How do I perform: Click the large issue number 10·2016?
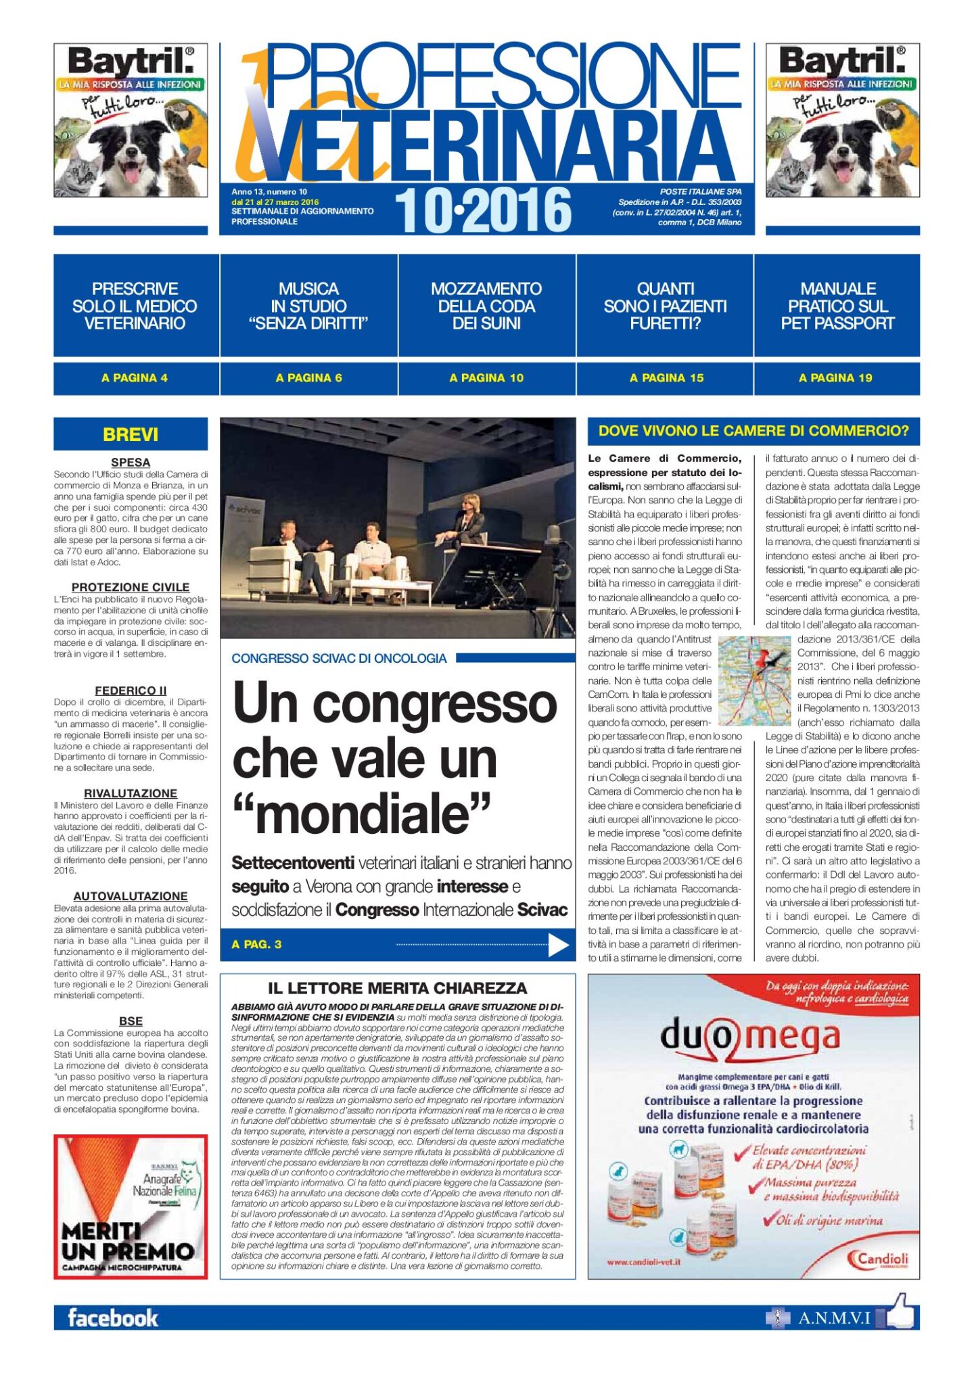483,210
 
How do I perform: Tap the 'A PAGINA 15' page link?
666,378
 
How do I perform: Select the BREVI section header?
131,434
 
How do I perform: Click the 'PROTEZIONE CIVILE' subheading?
131,587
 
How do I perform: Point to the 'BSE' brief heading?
131,1021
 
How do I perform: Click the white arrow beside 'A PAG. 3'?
558,945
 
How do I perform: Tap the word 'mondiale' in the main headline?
362,814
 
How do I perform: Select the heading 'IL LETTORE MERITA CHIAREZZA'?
397,988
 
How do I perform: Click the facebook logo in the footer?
113,1317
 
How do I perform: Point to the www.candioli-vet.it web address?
643,1262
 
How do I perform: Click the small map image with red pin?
754,679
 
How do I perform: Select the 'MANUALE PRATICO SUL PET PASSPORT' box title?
837,306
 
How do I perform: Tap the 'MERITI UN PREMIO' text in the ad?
127,1242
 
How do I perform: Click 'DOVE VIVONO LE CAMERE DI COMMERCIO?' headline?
753,431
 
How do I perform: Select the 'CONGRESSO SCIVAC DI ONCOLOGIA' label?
339,659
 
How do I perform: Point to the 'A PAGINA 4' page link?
135,378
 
